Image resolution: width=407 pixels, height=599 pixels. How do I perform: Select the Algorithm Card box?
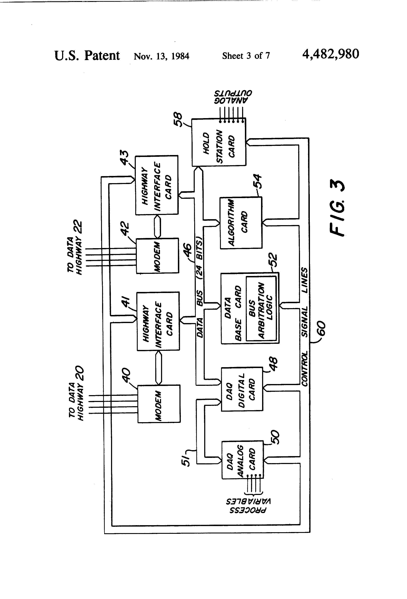coord(241,223)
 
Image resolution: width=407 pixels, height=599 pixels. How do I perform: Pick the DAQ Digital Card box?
coord(242,389)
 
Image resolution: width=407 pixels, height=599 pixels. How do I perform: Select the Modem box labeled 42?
coord(157,256)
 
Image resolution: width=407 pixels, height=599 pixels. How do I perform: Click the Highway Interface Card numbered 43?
coord(157,185)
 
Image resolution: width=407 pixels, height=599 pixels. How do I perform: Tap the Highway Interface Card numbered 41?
coord(158,321)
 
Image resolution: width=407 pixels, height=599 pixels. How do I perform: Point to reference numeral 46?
coord(187,250)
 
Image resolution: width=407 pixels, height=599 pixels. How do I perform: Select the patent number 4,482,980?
coord(331,54)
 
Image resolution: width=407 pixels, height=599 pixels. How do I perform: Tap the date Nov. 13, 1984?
coord(161,56)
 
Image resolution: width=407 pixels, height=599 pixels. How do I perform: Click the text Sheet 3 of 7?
coord(246,56)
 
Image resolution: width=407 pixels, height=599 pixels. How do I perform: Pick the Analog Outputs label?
coord(233,97)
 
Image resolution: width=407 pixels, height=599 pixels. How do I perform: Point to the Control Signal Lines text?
coord(304,327)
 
